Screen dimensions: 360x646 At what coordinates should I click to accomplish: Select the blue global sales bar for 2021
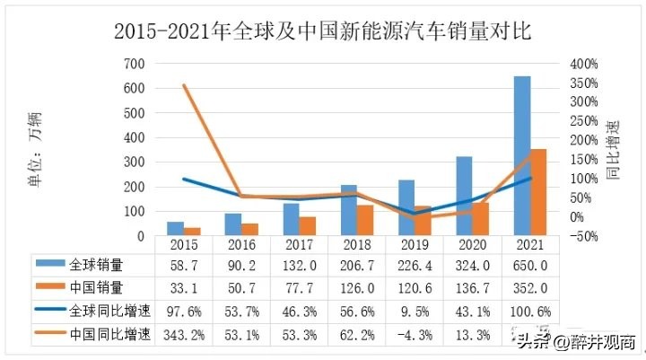(520, 156)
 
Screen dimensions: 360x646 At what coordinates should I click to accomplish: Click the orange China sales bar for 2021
(539, 192)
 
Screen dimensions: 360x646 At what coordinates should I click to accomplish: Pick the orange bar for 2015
(192, 232)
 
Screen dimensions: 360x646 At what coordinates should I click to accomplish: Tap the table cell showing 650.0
(530, 266)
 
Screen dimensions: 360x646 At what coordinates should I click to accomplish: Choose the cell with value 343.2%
(184, 335)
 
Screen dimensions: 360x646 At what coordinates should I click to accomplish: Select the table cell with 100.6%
(530, 312)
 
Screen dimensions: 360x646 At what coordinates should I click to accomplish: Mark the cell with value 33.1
(184, 289)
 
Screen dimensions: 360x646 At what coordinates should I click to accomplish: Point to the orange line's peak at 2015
(184, 85)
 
